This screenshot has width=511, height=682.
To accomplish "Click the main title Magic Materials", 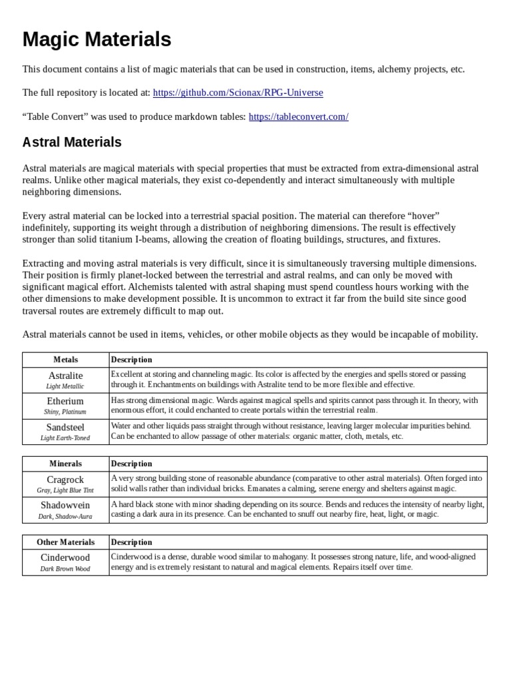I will point(96,39).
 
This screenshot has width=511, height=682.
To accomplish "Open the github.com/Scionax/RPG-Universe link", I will point(238,93).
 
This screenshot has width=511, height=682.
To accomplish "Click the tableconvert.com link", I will point(298,117).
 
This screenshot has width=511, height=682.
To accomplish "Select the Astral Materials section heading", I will point(72,142).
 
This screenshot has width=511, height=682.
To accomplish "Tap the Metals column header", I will point(65,360).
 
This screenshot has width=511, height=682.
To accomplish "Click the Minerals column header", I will point(65,464).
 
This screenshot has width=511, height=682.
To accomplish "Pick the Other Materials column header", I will point(65,542).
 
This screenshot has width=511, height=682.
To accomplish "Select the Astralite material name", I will point(65,376).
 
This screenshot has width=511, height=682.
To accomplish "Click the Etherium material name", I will point(65,401).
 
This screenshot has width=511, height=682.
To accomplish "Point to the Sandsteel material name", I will point(65,427).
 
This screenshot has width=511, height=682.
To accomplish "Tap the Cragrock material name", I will point(65,480).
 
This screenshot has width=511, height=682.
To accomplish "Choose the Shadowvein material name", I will point(65,505).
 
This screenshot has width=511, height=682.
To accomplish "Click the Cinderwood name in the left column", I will point(65,557).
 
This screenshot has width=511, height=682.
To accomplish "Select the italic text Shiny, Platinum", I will point(65,412).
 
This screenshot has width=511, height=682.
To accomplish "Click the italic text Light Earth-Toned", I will point(65,438).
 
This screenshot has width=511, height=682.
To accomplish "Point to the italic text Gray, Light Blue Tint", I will point(65,490).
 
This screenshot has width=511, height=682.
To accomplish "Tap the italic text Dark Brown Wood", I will point(65,569).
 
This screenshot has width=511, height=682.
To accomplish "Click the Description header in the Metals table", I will point(132,360).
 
